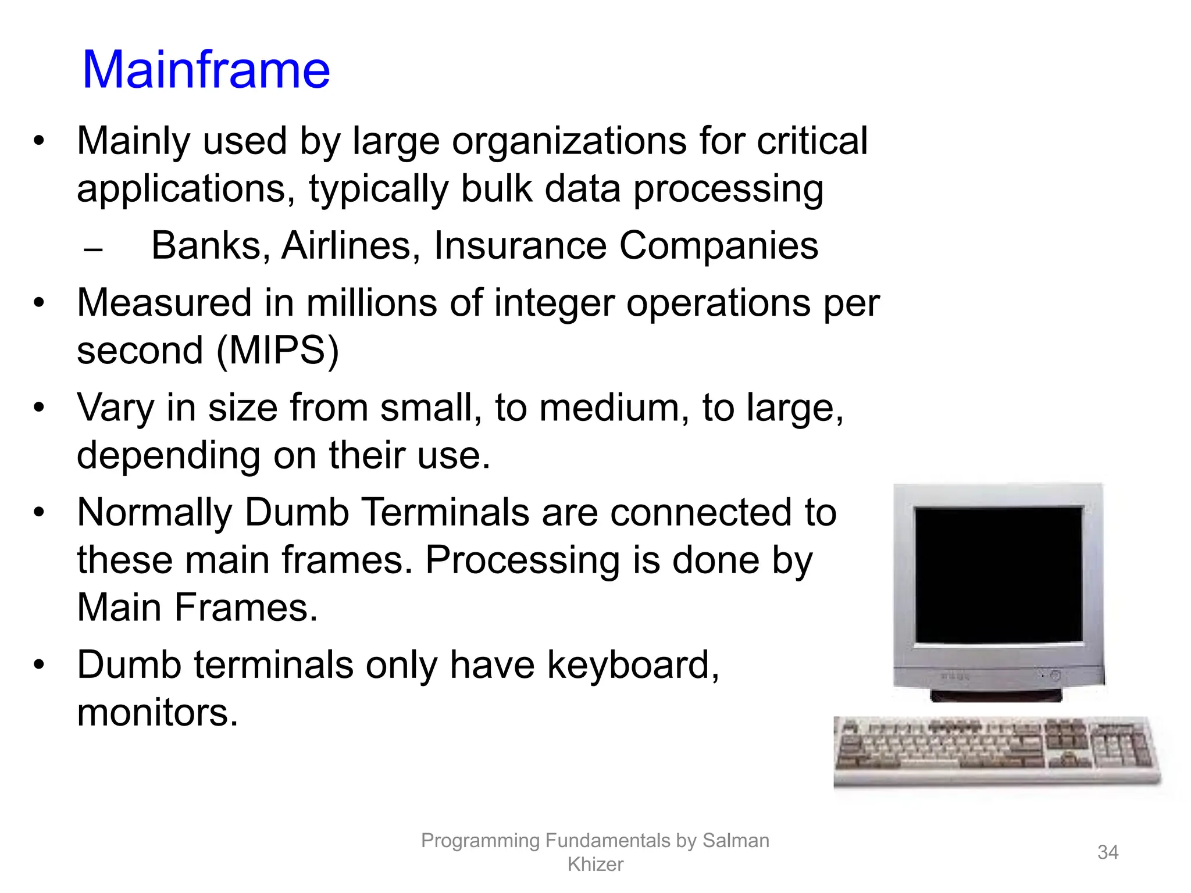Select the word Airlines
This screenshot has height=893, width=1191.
347,246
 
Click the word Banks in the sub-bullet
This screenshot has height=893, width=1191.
206,246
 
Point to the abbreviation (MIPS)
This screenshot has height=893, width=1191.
277,351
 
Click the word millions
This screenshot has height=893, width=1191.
372,303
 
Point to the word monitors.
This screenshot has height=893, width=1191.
157,713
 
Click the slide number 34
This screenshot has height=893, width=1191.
1107,852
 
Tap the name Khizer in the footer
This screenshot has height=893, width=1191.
595,865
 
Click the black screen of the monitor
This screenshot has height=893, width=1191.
998,574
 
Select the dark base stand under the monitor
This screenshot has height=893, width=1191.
996,695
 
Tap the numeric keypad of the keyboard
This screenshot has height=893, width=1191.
1119,746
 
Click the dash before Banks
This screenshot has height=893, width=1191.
93,251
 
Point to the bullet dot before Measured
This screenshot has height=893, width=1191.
39,303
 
